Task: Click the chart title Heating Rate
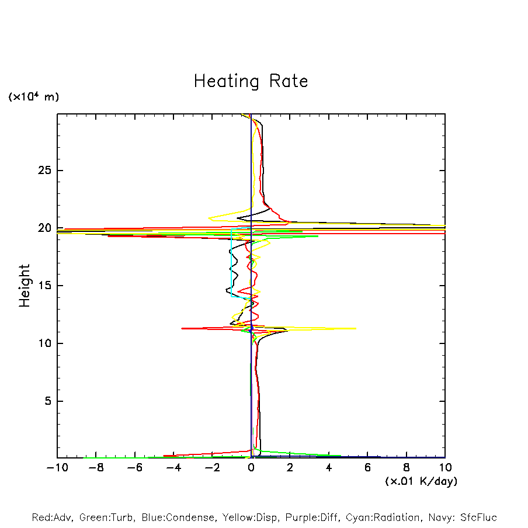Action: pyautogui.click(x=251, y=81)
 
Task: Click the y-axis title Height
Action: pyautogui.click(x=25, y=286)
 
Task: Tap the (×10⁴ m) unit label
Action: pyautogui.click(x=33, y=97)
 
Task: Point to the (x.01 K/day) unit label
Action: pyautogui.click(x=421, y=481)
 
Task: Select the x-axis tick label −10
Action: pyautogui.click(x=57, y=468)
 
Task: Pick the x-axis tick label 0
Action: pyautogui.click(x=251, y=468)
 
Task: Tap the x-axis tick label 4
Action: pyautogui.click(x=329, y=468)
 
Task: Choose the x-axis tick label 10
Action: pyautogui.click(x=445, y=468)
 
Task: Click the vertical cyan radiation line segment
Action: pyautogui.click(x=231, y=263)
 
